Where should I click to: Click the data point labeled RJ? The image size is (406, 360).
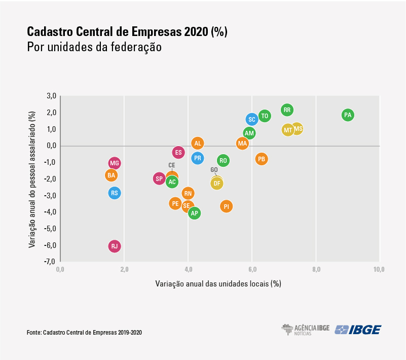[x=115, y=246]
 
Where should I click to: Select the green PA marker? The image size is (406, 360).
[x=347, y=115]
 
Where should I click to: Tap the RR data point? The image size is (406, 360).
[x=287, y=110]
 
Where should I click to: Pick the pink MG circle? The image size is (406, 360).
[x=115, y=163]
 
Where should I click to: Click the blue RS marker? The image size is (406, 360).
[x=115, y=193]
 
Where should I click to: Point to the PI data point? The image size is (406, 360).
[x=226, y=206]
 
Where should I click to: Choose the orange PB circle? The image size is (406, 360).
[x=261, y=159]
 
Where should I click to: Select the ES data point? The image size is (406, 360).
[x=178, y=152]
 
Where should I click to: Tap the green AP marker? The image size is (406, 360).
[x=194, y=213]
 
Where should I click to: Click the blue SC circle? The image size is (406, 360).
[x=252, y=119]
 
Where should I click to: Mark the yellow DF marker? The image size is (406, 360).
[x=217, y=183]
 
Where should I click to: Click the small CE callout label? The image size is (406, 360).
[x=172, y=165]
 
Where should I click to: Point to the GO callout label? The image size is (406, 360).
[x=214, y=170]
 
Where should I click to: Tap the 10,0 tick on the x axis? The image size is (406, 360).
[x=379, y=269]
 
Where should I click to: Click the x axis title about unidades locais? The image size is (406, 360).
[x=218, y=284]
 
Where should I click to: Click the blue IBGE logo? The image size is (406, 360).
[x=358, y=330]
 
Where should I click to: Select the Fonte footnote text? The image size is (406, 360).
[x=85, y=333]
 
